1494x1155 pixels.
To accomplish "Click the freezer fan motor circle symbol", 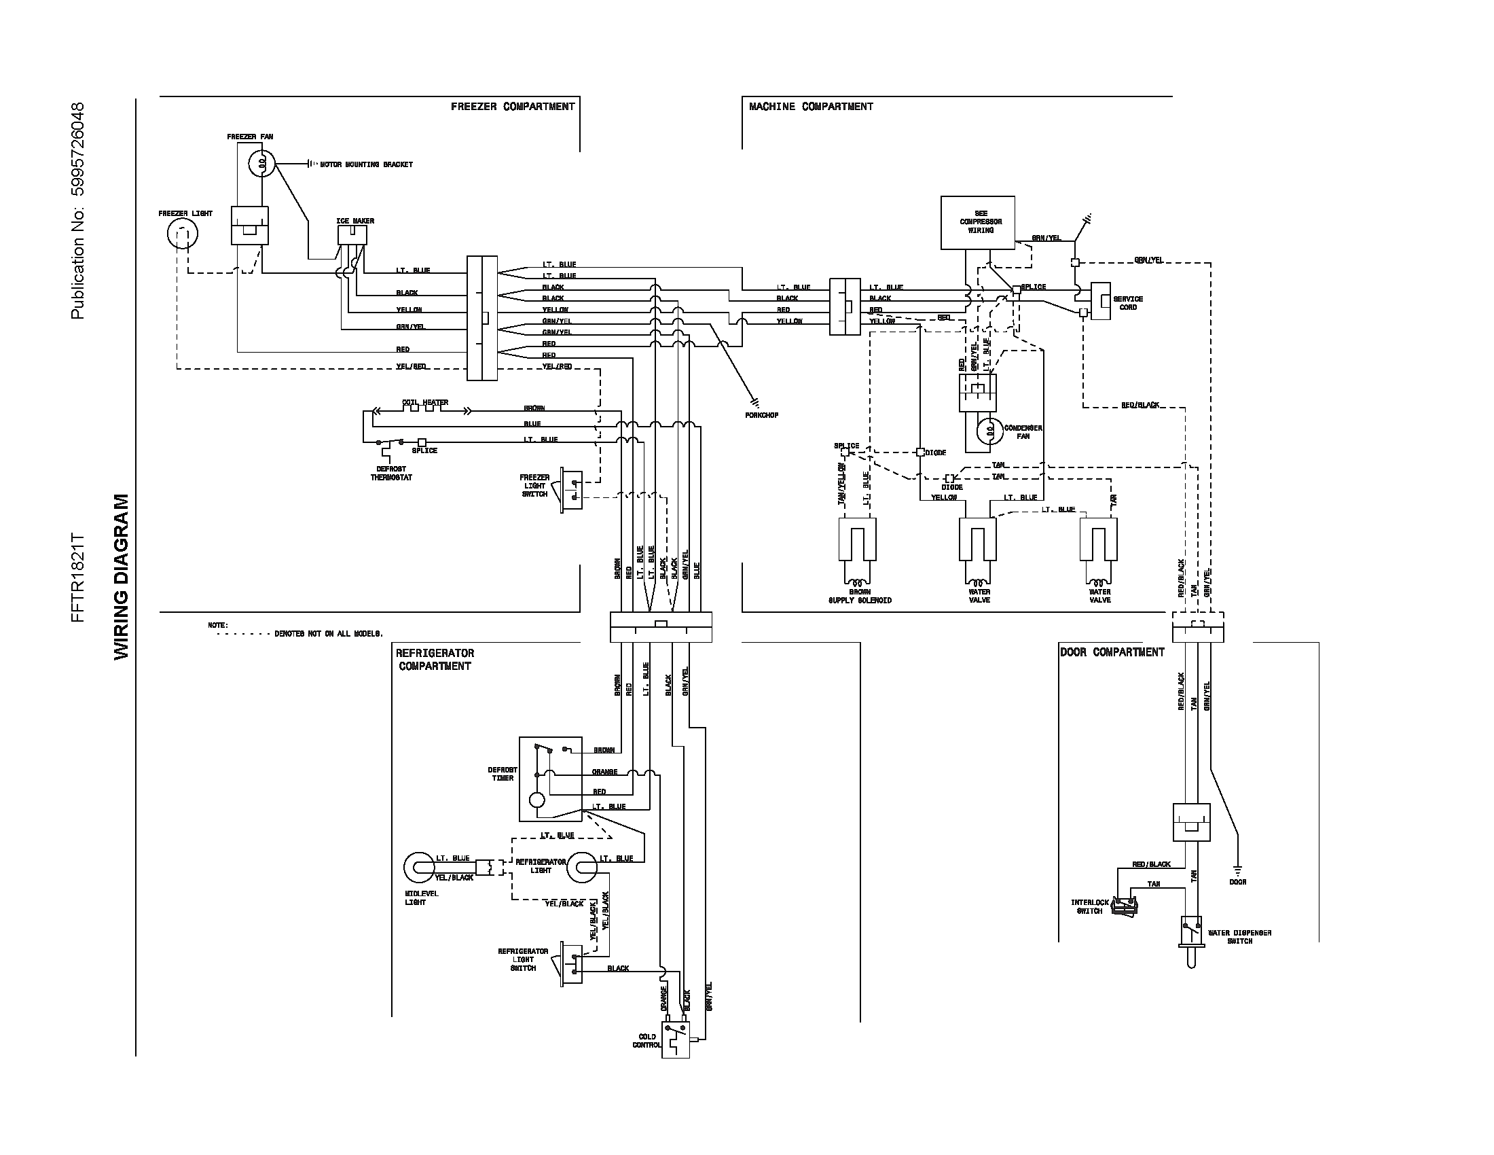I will click(x=261, y=164).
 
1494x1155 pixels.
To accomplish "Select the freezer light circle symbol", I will click(x=182, y=234).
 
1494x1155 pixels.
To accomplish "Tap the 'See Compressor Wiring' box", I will click(x=977, y=222).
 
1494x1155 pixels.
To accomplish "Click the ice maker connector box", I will click(x=352, y=235).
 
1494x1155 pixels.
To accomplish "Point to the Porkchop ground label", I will click(x=761, y=415).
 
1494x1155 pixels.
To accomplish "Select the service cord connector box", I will click(x=1100, y=301).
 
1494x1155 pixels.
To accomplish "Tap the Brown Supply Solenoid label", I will click(x=860, y=596).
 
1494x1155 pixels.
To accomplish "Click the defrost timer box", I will click(x=550, y=779).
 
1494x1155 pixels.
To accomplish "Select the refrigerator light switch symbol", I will click(x=571, y=963).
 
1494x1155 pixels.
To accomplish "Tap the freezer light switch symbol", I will click(x=571, y=491).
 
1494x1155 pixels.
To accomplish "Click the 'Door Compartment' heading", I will click(x=1112, y=652).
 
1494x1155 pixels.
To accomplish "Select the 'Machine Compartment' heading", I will click(x=811, y=107).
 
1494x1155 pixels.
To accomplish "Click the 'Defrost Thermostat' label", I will click(x=391, y=474).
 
